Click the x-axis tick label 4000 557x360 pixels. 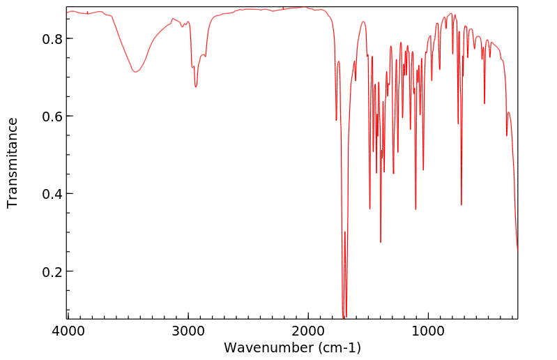[x=68, y=330]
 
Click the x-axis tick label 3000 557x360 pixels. [x=188, y=330]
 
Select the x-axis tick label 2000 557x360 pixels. [x=308, y=330]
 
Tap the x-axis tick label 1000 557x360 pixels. [x=428, y=330]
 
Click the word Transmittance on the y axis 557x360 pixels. [x=13, y=163]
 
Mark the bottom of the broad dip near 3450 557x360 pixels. [x=135, y=72]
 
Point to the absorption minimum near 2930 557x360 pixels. [x=196, y=87]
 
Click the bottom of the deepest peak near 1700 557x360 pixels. [x=344, y=317]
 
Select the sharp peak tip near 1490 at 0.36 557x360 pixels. [x=369, y=209]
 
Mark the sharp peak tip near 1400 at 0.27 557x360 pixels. [x=381, y=242]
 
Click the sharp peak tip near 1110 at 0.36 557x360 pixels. [x=415, y=209]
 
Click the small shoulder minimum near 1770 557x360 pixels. [x=336, y=121]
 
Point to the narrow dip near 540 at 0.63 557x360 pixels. [x=484, y=104]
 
